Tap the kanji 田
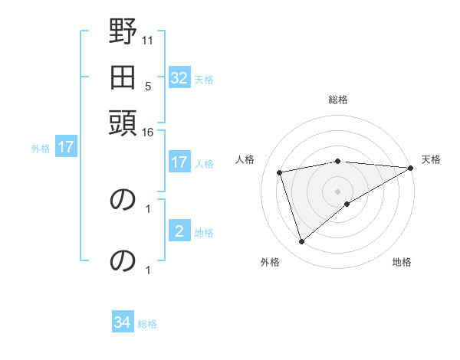tap(123, 77)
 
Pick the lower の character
tap(123, 260)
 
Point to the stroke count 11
tap(148, 40)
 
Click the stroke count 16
tap(148, 133)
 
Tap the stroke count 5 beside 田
tap(148, 87)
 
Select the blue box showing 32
tap(179, 77)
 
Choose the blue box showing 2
tap(179, 231)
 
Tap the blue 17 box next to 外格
tap(66, 147)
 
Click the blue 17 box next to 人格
tap(179, 162)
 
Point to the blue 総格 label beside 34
tap(147, 324)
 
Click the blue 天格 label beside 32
tap(204, 79)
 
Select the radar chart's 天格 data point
tap(411, 169)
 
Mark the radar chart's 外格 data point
tap(301, 242)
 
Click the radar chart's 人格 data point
tap(281, 172)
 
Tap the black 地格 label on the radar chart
tap(402, 263)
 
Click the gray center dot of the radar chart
tap(338, 191)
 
